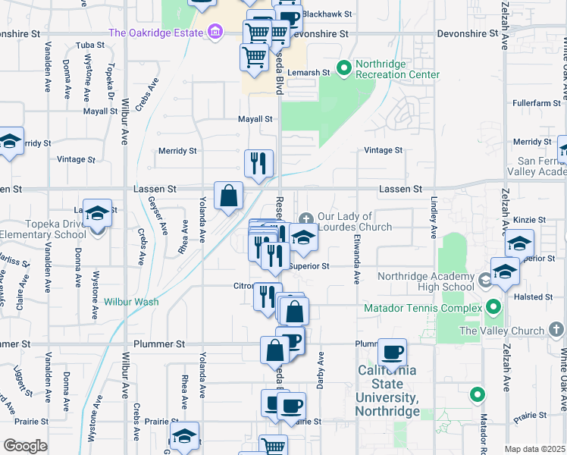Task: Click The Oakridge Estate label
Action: (x=156, y=33)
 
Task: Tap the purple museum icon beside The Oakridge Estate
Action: (x=215, y=33)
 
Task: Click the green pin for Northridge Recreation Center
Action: (x=343, y=69)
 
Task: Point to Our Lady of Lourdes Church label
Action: (x=355, y=221)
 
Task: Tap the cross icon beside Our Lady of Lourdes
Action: (x=305, y=218)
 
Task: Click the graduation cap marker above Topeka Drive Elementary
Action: (x=97, y=214)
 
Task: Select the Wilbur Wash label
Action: (x=131, y=302)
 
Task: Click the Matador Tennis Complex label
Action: (x=423, y=309)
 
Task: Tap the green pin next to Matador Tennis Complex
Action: (x=493, y=308)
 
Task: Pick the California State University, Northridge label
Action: (x=387, y=391)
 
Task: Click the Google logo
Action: (x=25, y=445)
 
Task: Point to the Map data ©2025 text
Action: (x=534, y=449)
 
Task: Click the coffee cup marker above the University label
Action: (x=392, y=353)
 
